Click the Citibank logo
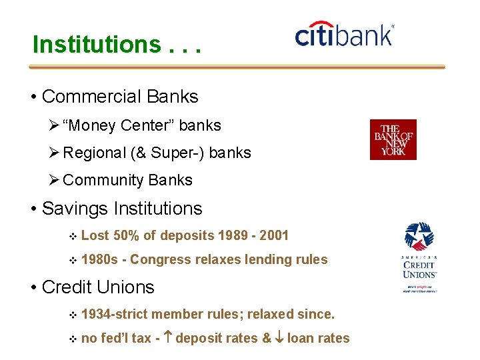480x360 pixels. click(344, 34)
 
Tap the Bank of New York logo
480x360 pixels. click(393, 139)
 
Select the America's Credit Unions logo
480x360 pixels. click(419, 257)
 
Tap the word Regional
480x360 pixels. click(95, 153)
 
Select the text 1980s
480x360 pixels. click(99, 259)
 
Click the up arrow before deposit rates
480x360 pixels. click(167, 338)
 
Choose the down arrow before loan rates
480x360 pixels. click(279, 338)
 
